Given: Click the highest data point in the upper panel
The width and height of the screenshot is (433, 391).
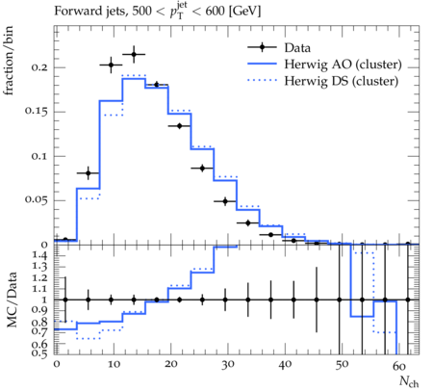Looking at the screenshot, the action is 134,55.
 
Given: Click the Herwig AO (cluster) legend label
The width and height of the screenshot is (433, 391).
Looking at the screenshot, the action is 343,65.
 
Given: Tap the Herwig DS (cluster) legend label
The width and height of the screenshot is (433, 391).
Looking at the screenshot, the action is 342,81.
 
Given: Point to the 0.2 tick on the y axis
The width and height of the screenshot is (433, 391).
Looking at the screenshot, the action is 39,67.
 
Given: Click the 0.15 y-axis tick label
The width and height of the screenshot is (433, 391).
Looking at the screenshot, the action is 36,111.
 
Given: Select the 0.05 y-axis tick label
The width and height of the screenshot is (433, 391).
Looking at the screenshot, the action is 36,199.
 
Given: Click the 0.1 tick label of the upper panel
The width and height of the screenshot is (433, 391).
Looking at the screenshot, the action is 39,156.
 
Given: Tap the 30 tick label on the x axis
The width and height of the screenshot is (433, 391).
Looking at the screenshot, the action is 227,365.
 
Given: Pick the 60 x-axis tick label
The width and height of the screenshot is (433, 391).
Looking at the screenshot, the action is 398,366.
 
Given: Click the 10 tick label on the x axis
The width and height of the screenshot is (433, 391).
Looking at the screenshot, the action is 114,364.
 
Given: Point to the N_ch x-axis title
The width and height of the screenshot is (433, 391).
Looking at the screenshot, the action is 409,381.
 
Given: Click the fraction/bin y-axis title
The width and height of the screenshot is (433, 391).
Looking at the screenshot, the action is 8,61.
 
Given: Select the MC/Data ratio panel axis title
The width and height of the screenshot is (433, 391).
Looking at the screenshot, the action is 12,300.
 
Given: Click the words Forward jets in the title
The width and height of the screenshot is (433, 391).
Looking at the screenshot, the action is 89,12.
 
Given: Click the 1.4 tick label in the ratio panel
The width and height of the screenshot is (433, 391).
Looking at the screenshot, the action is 39,255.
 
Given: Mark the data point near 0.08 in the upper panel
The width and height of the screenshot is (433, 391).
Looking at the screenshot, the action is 89,173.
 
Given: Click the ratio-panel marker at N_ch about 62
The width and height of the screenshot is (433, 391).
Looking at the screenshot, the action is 408,300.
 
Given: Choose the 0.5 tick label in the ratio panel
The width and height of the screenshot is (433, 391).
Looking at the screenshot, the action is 39,352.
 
